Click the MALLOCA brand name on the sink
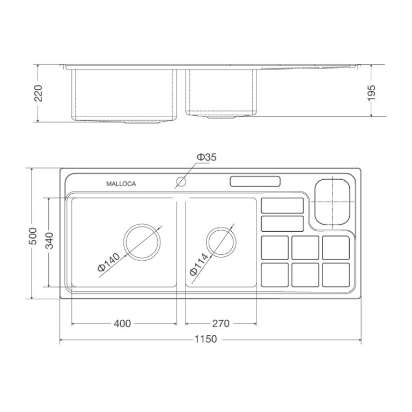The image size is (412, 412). click(x=121, y=183)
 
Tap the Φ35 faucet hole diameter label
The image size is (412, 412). click(x=207, y=157)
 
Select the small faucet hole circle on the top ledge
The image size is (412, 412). click(x=181, y=182)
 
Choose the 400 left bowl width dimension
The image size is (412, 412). click(x=122, y=323)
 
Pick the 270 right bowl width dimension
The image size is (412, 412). click(x=220, y=323)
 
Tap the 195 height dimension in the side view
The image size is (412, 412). click(x=372, y=91)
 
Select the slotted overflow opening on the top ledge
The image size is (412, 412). click(x=255, y=181)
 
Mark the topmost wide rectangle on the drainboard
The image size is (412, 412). click(x=282, y=205)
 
